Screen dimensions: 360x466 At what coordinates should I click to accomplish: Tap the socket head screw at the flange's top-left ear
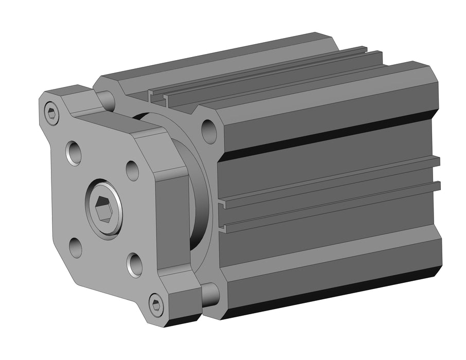click(51, 113)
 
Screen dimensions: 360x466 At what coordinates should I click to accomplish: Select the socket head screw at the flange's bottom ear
click(157, 304)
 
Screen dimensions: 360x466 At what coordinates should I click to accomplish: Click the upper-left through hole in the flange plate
click(74, 153)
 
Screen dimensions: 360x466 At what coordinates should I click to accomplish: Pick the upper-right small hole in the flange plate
click(132, 171)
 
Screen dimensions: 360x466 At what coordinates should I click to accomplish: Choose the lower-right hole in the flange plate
click(135, 265)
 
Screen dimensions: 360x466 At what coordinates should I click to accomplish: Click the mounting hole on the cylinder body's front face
click(209, 131)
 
